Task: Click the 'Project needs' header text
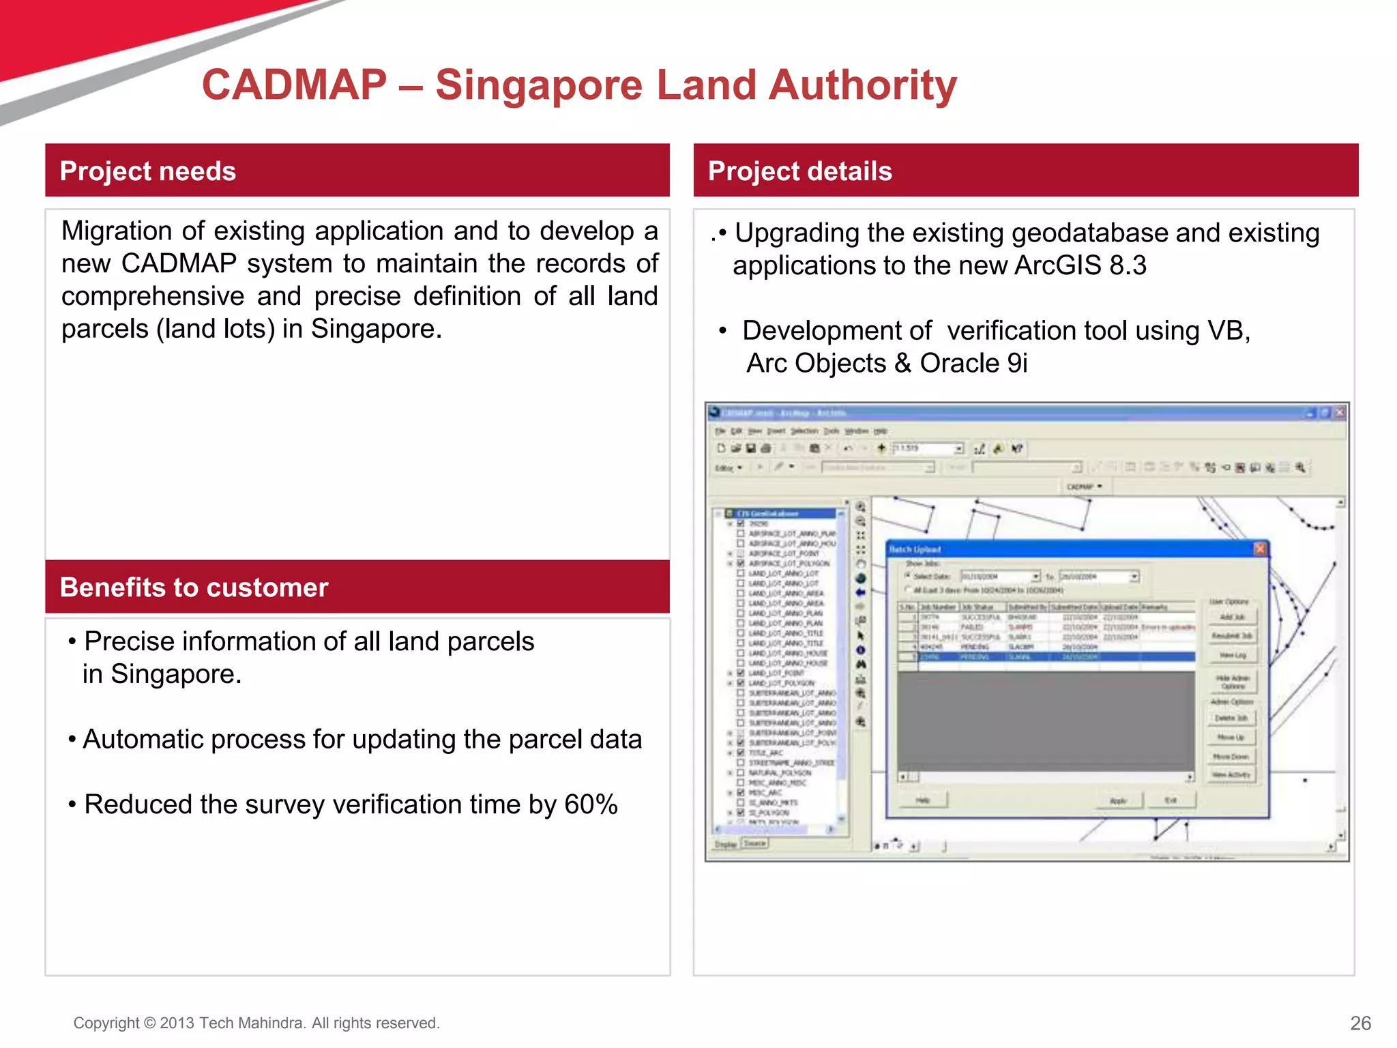[147, 171]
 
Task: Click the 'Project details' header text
[799, 171]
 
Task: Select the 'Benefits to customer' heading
[194, 587]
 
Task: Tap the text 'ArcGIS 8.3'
[1080, 265]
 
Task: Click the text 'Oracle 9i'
[973, 363]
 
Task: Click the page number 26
[1359, 1023]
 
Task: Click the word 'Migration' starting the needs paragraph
[116, 231]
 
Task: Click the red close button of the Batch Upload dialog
[1260, 549]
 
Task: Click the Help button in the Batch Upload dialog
[922, 800]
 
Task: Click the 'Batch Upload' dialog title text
[915, 549]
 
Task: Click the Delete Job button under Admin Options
[1231, 718]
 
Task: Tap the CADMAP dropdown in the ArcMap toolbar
[1083, 486]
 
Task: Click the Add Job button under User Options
[1232, 617]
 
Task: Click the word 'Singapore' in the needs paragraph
[376, 329]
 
